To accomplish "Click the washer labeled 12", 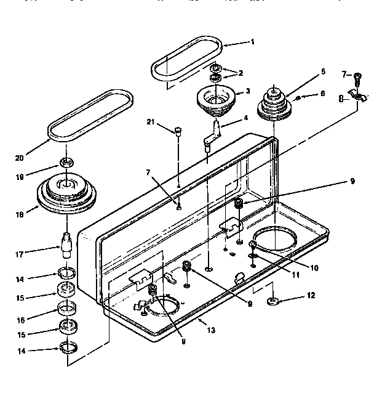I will coord(273,302).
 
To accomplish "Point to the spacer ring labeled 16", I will coord(66,307).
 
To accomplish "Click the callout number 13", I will coord(211,330).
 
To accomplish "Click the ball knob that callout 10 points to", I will coord(253,246).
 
